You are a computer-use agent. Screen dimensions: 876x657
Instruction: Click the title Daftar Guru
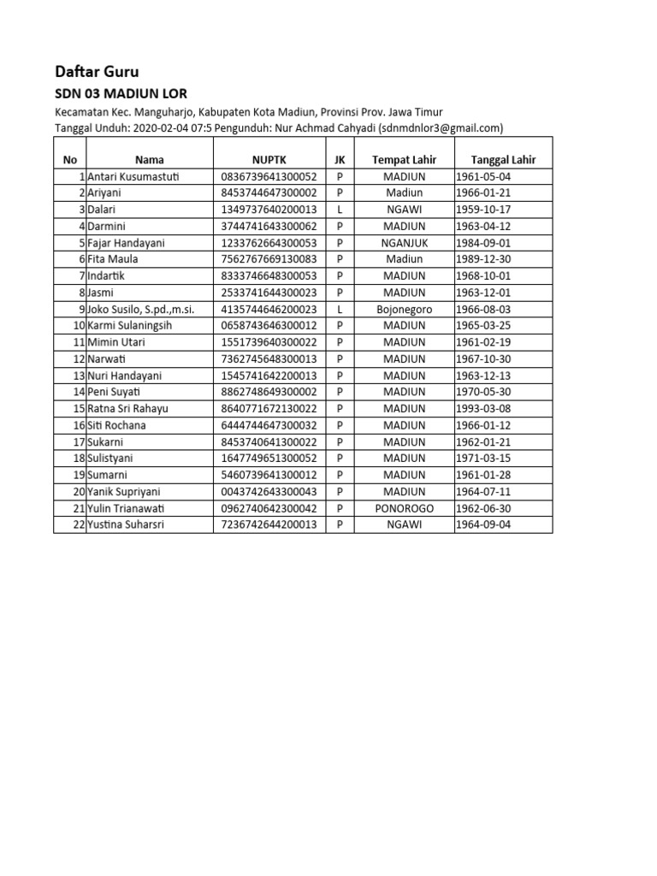[x=97, y=72]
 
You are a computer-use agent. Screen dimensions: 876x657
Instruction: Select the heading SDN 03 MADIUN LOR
[x=121, y=93]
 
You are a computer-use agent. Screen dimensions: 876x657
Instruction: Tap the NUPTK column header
[x=268, y=159]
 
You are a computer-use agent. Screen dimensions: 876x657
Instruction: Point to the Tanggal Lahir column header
[x=503, y=159]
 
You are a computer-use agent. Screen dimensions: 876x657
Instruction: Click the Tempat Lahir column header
[x=404, y=159]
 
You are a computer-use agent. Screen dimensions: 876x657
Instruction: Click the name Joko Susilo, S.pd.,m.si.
[x=141, y=309]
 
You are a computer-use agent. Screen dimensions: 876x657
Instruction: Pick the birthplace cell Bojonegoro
[x=404, y=309]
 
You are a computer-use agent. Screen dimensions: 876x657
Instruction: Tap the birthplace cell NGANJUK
[x=404, y=243]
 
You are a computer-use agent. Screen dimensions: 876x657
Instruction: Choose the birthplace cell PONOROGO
[x=404, y=508]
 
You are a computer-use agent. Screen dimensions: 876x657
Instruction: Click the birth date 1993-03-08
[x=484, y=409]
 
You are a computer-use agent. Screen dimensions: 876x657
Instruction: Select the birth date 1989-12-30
[x=484, y=259]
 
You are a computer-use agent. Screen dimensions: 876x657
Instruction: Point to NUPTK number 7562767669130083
[x=268, y=259]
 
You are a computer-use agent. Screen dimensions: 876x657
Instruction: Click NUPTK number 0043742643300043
[x=268, y=492]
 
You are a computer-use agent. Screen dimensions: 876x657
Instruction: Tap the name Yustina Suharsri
[x=125, y=524]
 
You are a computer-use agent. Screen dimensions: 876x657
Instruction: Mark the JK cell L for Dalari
[x=340, y=210]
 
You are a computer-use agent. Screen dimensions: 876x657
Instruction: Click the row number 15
[x=79, y=409]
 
